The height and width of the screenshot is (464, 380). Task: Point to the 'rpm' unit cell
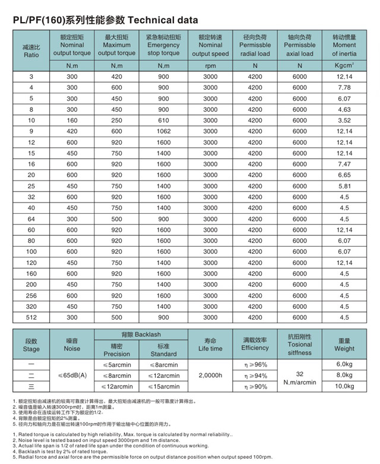click(x=210, y=66)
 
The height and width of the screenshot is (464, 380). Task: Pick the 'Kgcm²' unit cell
click(x=344, y=66)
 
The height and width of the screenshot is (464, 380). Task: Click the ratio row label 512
click(x=31, y=317)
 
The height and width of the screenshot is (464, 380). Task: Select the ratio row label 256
click(x=31, y=295)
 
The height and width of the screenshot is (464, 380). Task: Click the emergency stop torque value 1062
click(x=163, y=131)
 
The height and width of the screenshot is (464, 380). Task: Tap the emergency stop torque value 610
click(x=163, y=121)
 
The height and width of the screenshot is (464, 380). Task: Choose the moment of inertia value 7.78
click(x=344, y=88)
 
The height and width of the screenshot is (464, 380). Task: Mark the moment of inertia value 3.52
click(x=344, y=121)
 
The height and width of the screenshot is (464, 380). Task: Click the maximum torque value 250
click(x=116, y=121)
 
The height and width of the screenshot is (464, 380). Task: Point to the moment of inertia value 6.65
click(x=344, y=175)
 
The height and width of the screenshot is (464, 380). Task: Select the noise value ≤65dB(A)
click(x=72, y=375)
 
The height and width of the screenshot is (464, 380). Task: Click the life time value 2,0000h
click(x=210, y=375)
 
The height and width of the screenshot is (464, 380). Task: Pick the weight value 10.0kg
click(x=344, y=386)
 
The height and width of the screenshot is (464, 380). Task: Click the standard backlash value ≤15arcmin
click(x=163, y=386)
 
